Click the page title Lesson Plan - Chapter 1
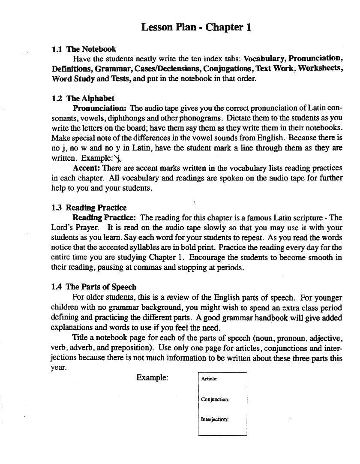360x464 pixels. [196, 27]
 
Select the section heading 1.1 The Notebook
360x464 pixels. [84, 49]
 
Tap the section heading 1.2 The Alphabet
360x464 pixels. [83, 99]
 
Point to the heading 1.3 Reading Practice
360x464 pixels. [89, 208]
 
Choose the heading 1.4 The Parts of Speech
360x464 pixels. [94, 287]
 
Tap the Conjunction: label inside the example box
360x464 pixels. [215, 400]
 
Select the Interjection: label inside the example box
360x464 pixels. [215, 419]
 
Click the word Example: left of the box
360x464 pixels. [152, 378]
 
